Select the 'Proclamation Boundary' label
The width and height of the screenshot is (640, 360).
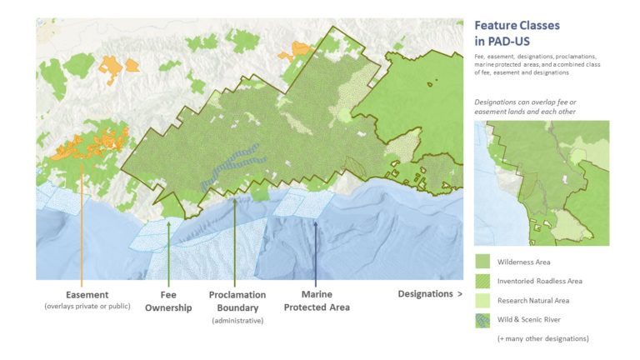[237, 301]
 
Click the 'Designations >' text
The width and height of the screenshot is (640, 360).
[429, 294]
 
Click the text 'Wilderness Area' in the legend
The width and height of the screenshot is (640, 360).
[524, 262]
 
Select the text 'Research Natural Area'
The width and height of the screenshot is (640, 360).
[534, 300]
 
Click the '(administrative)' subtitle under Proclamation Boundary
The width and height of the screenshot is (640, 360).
[237, 321]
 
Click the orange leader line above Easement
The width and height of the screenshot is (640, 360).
[81, 225]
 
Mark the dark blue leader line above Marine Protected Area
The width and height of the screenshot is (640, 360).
[316, 250]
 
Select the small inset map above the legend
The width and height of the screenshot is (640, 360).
[541, 182]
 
